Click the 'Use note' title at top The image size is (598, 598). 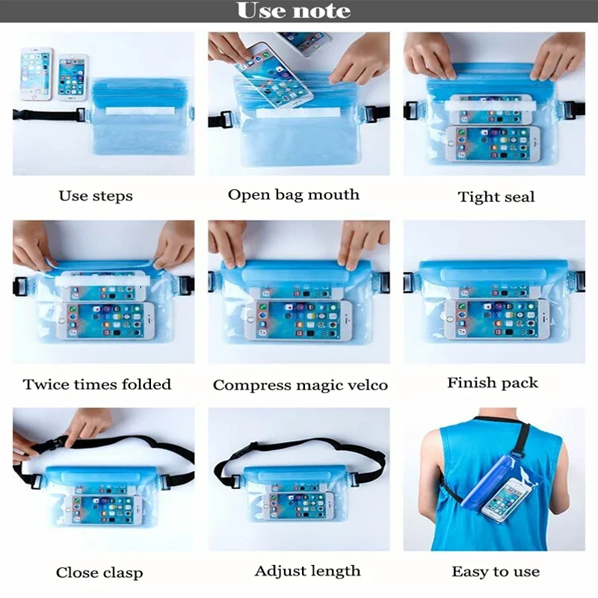point(293,11)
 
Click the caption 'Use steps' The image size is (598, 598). point(96,197)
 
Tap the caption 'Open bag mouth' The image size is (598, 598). point(293,195)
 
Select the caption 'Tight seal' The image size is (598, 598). point(496,197)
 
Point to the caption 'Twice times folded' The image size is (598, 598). point(97,385)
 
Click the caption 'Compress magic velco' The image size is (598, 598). point(300,386)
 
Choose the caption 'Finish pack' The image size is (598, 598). point(493,383)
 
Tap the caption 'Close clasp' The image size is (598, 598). point(99,573)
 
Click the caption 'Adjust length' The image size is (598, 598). point(307,571)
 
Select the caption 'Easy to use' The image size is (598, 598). point(495,572)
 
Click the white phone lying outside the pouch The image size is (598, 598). point(36,73)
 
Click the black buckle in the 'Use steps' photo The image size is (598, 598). point(81,117)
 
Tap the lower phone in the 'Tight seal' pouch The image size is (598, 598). point(487,143)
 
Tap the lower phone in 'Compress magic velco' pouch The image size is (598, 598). point(299,321)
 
